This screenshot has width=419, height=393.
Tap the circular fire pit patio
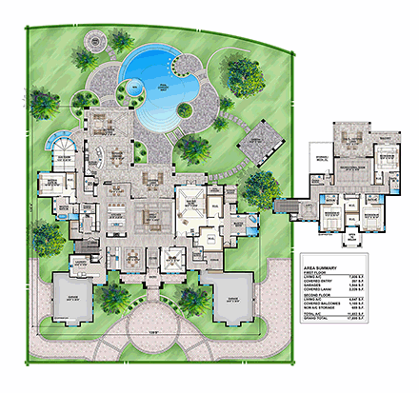coord(95,44)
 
